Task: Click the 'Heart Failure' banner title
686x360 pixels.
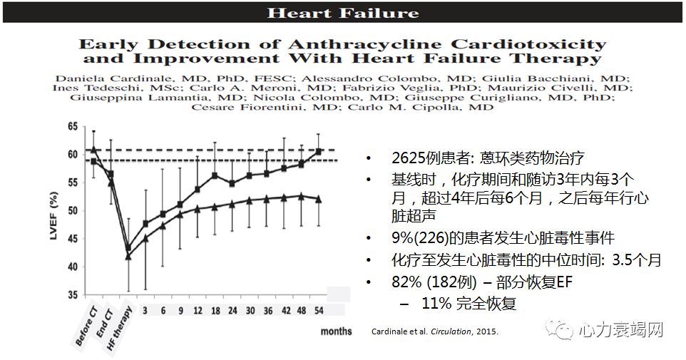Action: tap(342, 12)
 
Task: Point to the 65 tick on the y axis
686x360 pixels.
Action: tap(72, 126)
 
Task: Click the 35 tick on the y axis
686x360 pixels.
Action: tap(72, 294)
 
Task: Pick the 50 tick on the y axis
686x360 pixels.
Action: tap(72, 210)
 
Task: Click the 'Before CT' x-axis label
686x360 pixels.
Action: tap(86, 326)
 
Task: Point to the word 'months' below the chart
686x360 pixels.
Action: tap(336, 331)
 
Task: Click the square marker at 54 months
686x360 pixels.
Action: tap(318, 152)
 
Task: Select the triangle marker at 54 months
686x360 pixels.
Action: tap(318, 200)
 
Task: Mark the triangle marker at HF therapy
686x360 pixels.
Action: tap(128, 255)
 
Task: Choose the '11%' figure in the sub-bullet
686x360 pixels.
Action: tap(436, 303)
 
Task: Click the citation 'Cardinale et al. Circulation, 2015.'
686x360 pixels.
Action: tap(435, 331)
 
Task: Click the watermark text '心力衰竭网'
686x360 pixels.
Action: tap(619, 331)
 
